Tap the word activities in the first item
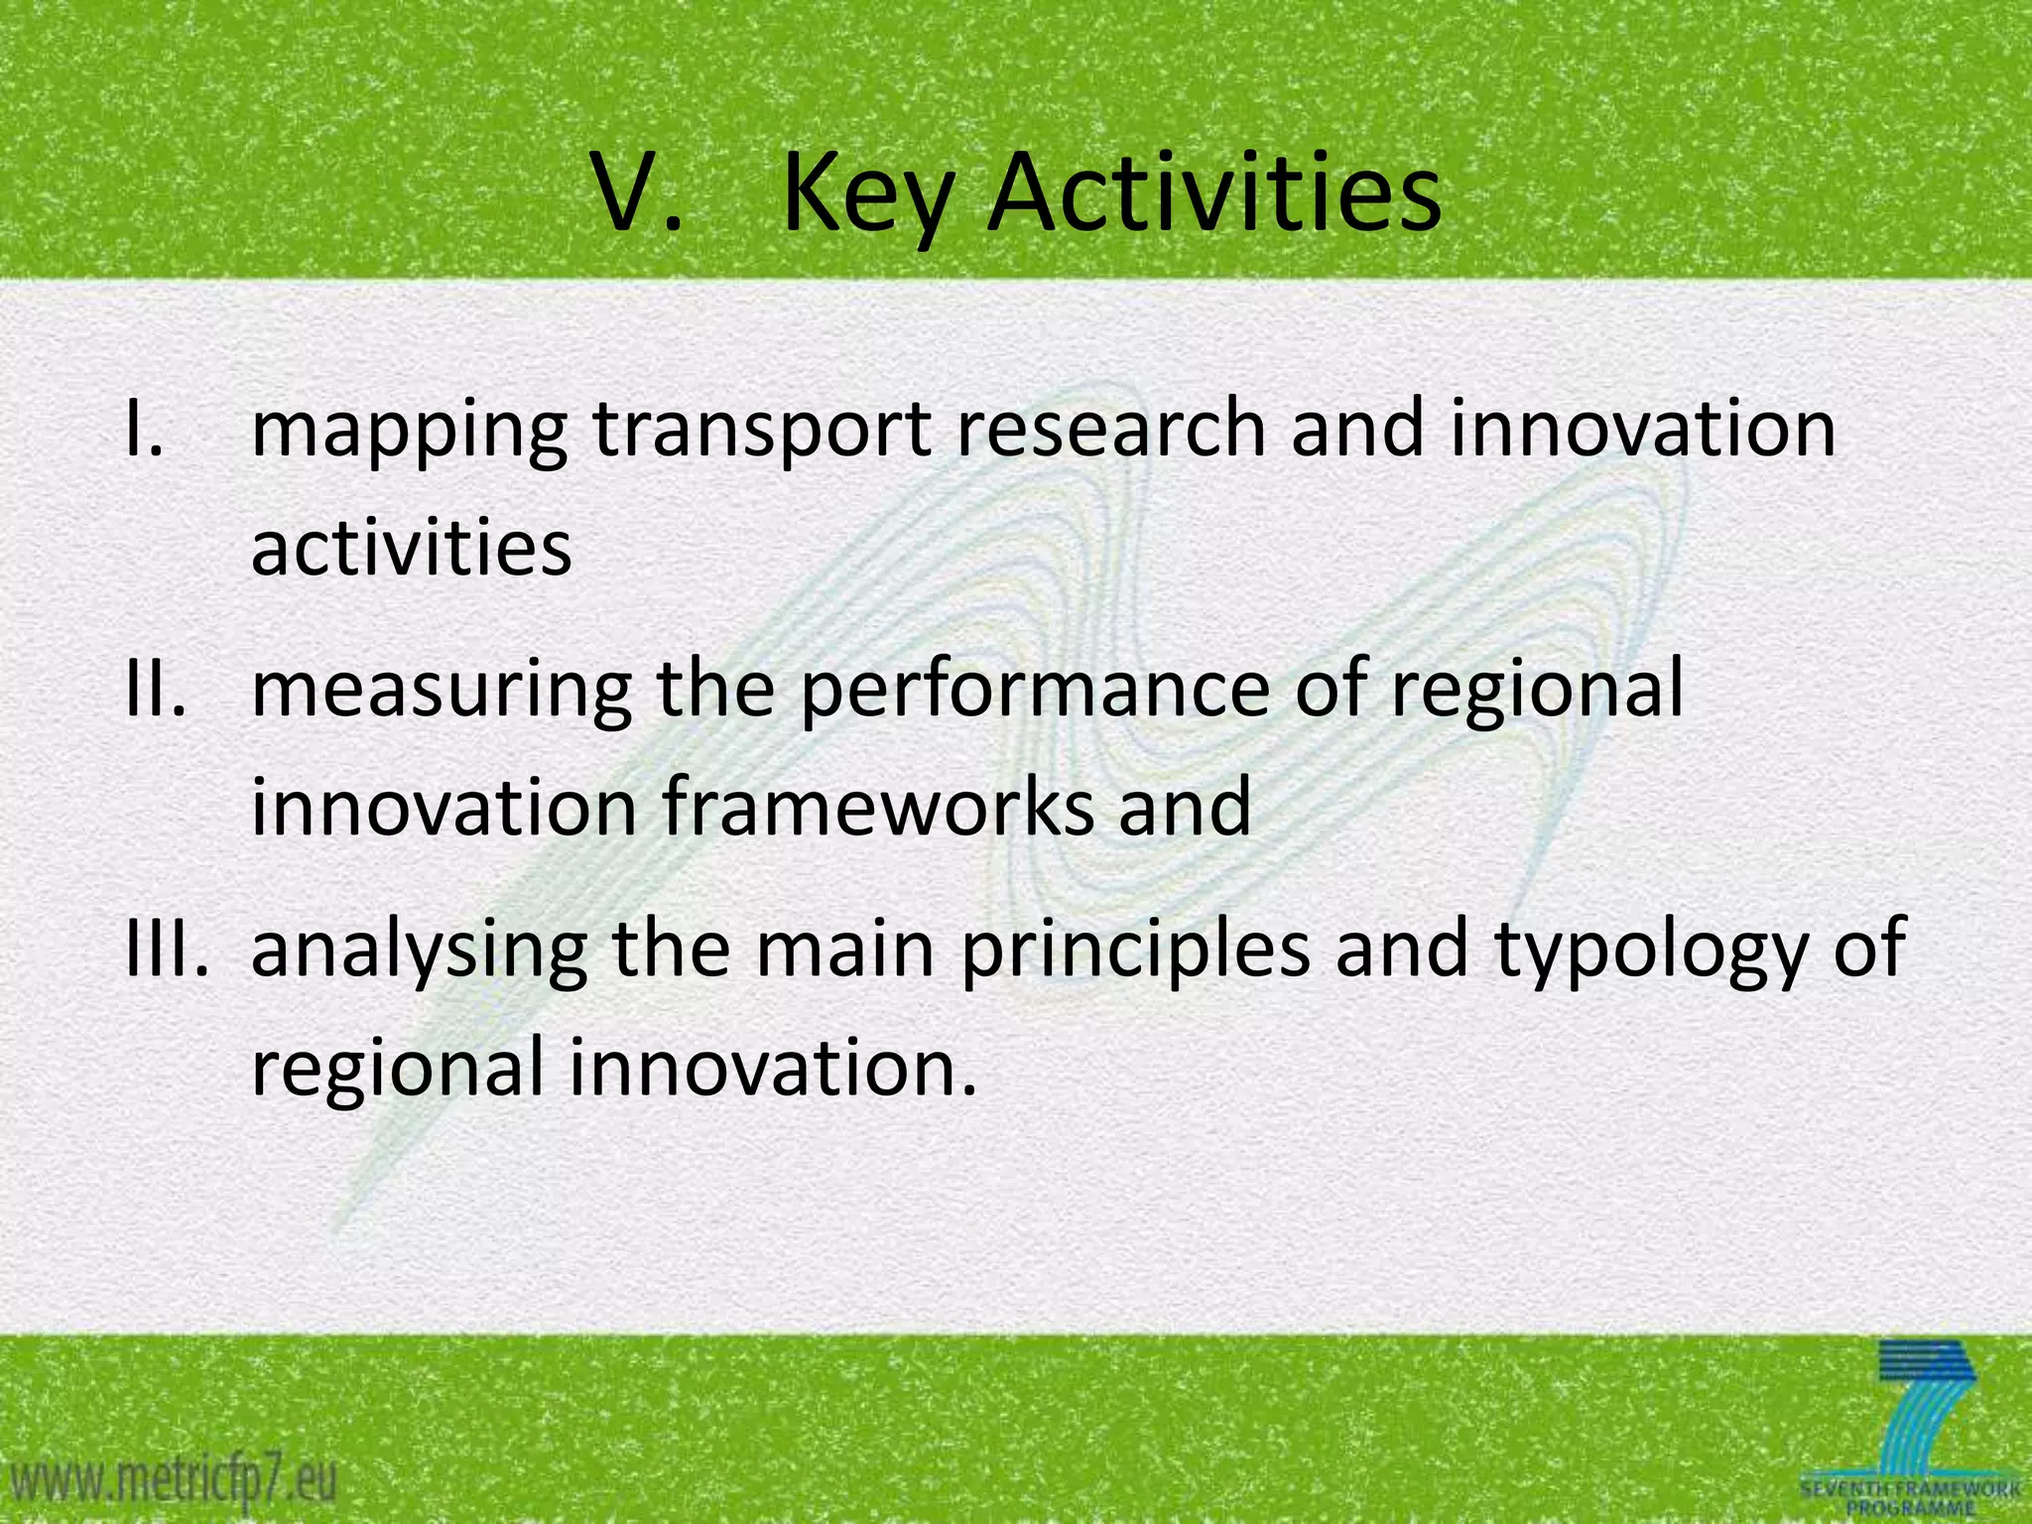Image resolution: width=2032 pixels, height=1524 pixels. coord(411,548)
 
